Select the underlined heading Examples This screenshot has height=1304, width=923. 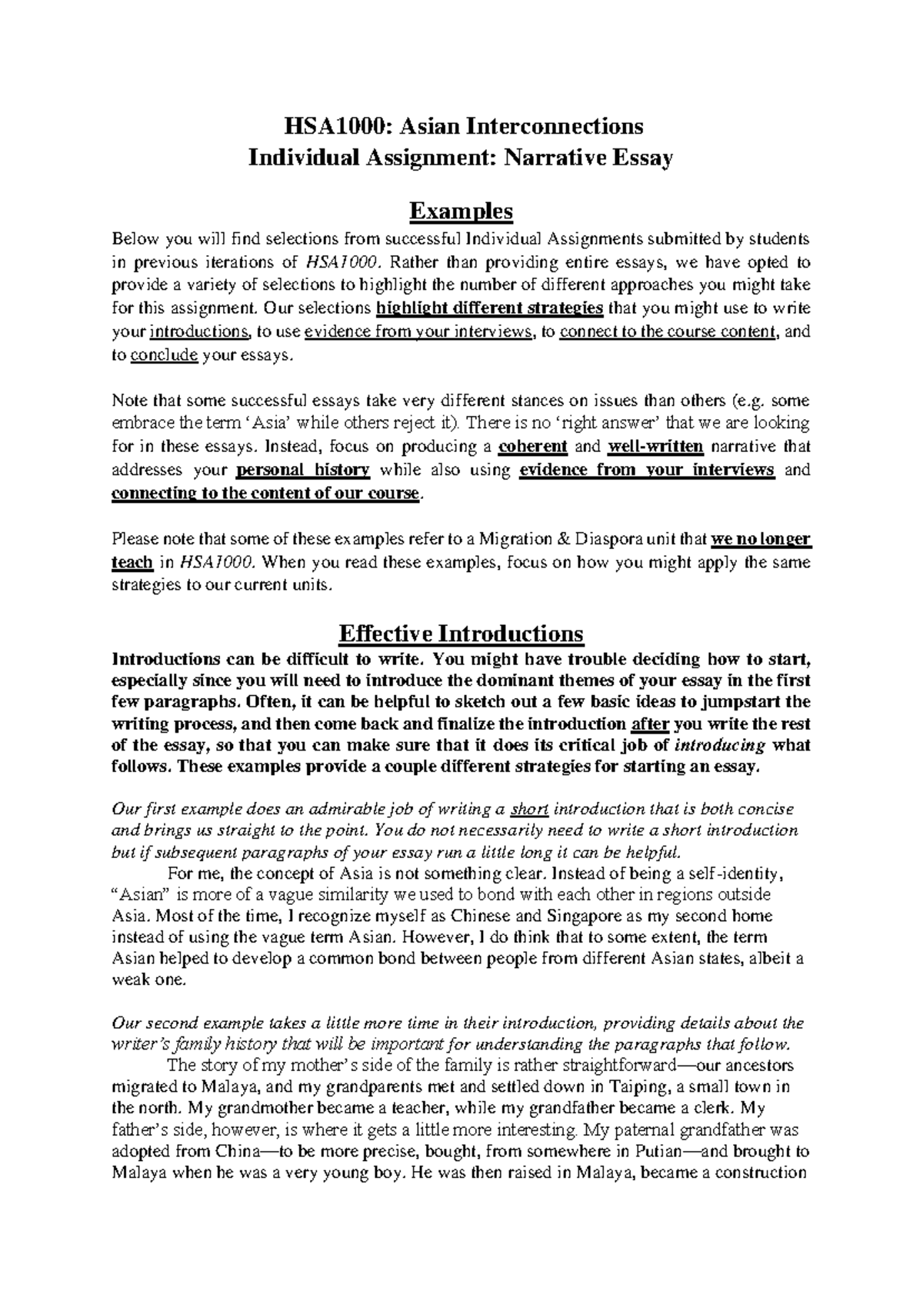point(461,210)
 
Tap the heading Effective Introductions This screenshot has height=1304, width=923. point(461,634)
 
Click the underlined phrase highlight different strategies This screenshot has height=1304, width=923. point(490,308)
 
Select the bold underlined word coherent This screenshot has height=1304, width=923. point(533,447)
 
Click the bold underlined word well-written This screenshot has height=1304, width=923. point(655,447)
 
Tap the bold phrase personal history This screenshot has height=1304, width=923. point(303,470)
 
